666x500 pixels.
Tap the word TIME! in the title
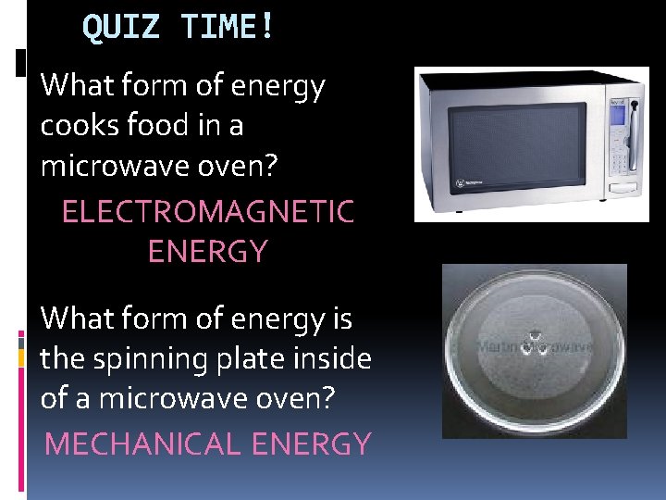pyautogui.click(x=228, y=27)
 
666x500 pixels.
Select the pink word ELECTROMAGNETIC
pyautogui.click(x=207, y=212)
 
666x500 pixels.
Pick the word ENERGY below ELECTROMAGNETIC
pyautogui.click(x=207, y=252)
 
